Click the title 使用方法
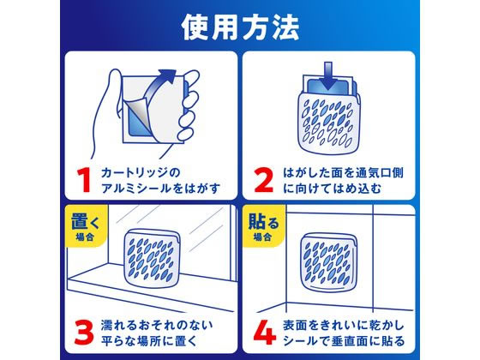point(240,27)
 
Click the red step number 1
point(83,181)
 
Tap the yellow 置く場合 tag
point(82,226)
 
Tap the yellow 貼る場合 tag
point(264,226)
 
